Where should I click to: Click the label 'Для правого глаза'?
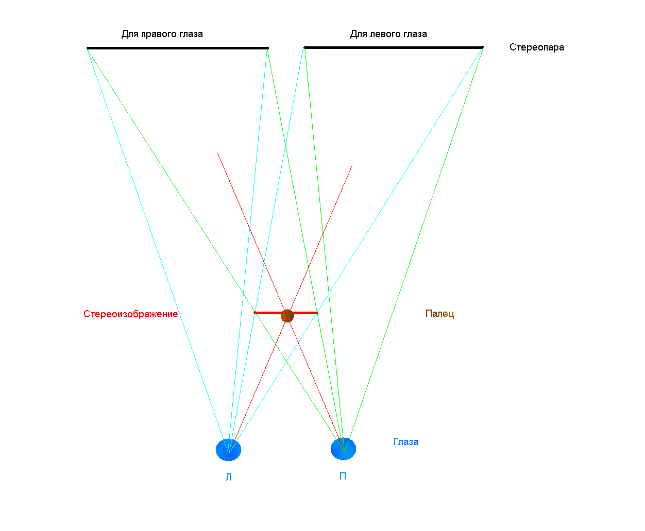pyautogui.click(x=162, y=34)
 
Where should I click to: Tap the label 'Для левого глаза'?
pyautogui.click(x=388, y=34)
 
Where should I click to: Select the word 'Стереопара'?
pyautogui.click(x=536, y=47)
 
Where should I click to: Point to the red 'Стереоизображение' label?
pyautogui.click(x=130, y=314)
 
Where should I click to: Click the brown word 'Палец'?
pyautogui.click(x=439, y=314)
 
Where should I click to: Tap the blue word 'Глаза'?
pyautogui.click(x=405, y=442)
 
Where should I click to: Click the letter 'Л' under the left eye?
pyautogui.click(x=228, y=477)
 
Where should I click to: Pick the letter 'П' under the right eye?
pyautogui.click(x=343, y=476)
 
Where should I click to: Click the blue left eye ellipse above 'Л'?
pyautogui.click(x=228, y=450)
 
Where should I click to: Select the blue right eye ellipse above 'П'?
pyautogui.click(x=343, y=449)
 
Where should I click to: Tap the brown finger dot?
pyautogui.click(x=287, y=316)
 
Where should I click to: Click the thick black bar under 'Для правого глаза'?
pyautogui.click(x=177, y=48)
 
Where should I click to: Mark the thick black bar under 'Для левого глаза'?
pyautogui.click(x=393, y=47)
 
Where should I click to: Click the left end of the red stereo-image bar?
pyautogui.click(x=256, y=313)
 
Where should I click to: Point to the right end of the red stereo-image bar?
pyautogui.click(x=316, y=313)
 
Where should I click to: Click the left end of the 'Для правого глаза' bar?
pyautogui.click(x=88, y=48)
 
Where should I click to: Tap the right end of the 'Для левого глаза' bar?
pyautogui.click(x=482, y=47)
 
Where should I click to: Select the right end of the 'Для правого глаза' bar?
pyautogui.click(x=267, y=48)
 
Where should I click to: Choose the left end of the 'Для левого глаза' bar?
pyautogui.click(x=305, y=47)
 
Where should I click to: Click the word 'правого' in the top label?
pyautogui.click(x=156, y=34)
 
